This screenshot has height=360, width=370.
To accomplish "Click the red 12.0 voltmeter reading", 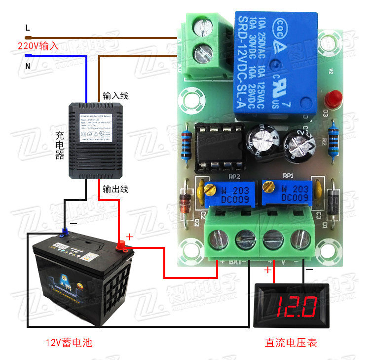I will point(296,306).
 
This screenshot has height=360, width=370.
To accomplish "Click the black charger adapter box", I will point(95,140).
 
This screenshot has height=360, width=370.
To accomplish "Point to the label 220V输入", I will point(38,46).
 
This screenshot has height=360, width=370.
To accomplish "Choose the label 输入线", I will point(115,96).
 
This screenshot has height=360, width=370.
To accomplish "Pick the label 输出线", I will point(115,189).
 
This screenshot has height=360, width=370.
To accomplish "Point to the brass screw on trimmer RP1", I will point(268,186).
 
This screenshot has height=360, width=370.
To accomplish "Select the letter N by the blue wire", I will point(28,66).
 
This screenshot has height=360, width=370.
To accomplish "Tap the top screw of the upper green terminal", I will point(203,26).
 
